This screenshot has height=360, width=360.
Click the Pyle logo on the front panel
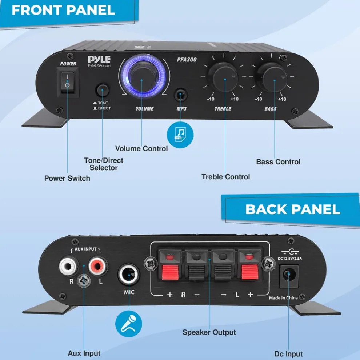[x=99, y=59]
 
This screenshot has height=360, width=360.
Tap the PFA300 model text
[x=188, y=59]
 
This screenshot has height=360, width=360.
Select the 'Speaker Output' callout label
[x=209, y=332]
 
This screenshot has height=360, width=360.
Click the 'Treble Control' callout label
[x=226, y=177]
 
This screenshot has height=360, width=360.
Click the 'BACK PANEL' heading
[x=293, y=209]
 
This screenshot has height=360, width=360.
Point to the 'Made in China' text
[x=283, y=298]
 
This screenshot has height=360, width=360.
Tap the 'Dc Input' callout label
[x=288, y=353]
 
